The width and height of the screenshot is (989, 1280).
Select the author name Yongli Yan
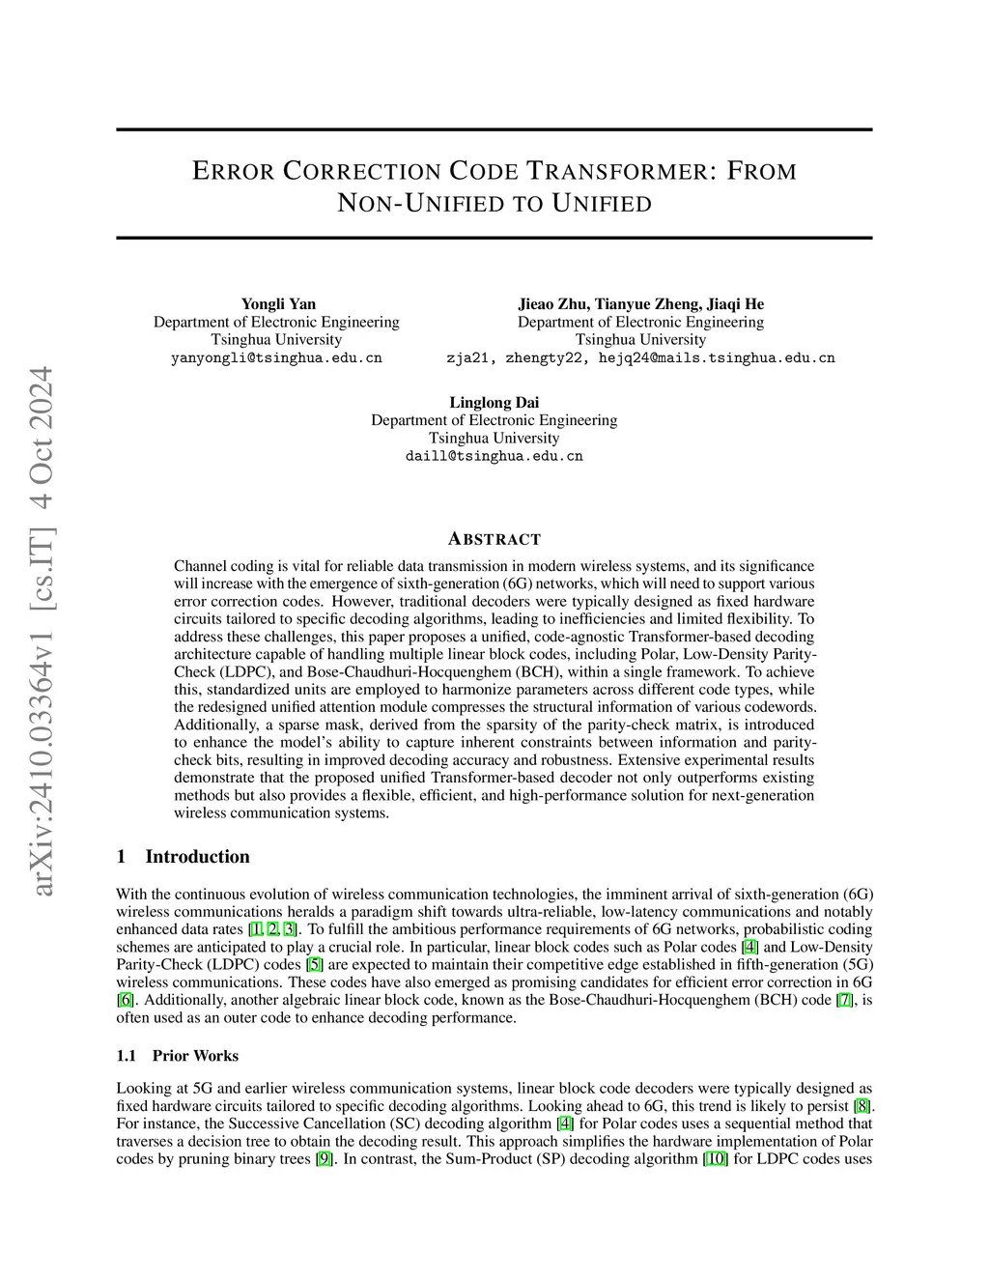(x=278, y=304)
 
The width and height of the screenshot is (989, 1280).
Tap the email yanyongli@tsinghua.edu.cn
(x=276, y=357)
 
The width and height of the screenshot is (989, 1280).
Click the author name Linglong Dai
(x=494, y=403)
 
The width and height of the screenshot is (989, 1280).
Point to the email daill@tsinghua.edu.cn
(x=494, y=456)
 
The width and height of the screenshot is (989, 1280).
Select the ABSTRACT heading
(x=494, y=539)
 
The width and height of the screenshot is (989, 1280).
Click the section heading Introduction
(x=197, y=857)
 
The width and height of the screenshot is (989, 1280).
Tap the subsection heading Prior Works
(x=195, y=1056)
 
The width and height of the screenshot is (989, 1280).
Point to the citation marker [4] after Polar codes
(x=749, y=947)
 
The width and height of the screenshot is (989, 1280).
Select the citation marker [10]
(x=716, y=1158)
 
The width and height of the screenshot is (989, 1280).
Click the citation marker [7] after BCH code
(x=845, y=1000)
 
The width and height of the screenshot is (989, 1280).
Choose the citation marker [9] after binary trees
(x=325, y=1158)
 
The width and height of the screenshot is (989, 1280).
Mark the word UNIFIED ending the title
(x=603, y=204)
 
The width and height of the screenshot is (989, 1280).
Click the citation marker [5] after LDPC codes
(x=314, y=964)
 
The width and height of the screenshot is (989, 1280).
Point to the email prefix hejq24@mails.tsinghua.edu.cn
(x=717, y=357)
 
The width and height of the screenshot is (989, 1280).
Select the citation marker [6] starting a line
(x=125, y=1000)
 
